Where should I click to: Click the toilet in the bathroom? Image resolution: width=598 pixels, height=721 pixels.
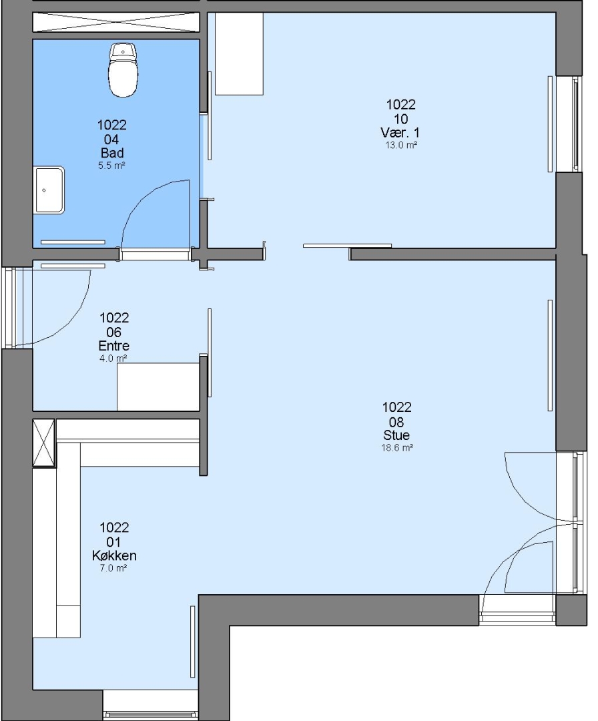pyautogui.click(x=123, y=70)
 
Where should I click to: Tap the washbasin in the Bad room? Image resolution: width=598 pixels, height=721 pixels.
pyautogui.click(x=49, y=190)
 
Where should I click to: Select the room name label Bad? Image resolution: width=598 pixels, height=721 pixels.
pyautogui.click(x=112, y=153)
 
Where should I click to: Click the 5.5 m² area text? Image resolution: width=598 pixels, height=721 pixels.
pyautogui.click(x=111, y=166)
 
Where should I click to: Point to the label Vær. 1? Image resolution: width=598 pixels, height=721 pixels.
pyautogui.click(x=400, y=133)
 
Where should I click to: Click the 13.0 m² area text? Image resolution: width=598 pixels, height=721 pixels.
pyautogui.click(x=401, y=146)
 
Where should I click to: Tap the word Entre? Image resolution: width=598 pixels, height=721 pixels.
pyautogui.click(x=113, y=346)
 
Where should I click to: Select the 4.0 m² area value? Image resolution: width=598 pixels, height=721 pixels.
pyautogui.click(x=113, y=358)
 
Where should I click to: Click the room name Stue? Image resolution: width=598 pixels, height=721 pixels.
pyautogui.click(x=396, y=435)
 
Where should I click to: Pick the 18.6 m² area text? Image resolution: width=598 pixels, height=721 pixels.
pyautogui.click(x=397, y=448)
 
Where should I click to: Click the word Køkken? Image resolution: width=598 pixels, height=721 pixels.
pyautogui.click(x=114, y=555)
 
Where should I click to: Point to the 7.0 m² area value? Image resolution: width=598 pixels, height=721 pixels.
pyautogui.click(x=113, y=568)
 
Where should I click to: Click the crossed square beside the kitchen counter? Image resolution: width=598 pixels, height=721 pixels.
pyautogui.click(x=43, y=443)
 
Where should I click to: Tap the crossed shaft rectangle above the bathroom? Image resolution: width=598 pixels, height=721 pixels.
pyautogui.click(x=116, y=22)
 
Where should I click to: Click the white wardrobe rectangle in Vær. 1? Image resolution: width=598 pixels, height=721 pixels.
pyautogui.click(x=239, y=54)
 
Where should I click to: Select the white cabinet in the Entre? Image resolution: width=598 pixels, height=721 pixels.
pyautogui.click(x=158, y=387)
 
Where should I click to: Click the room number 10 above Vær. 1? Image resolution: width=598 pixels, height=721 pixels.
pyautogui.click(x=400, y=119)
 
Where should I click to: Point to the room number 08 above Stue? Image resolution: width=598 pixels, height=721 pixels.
pyautogui.click(x=396, y=422)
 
